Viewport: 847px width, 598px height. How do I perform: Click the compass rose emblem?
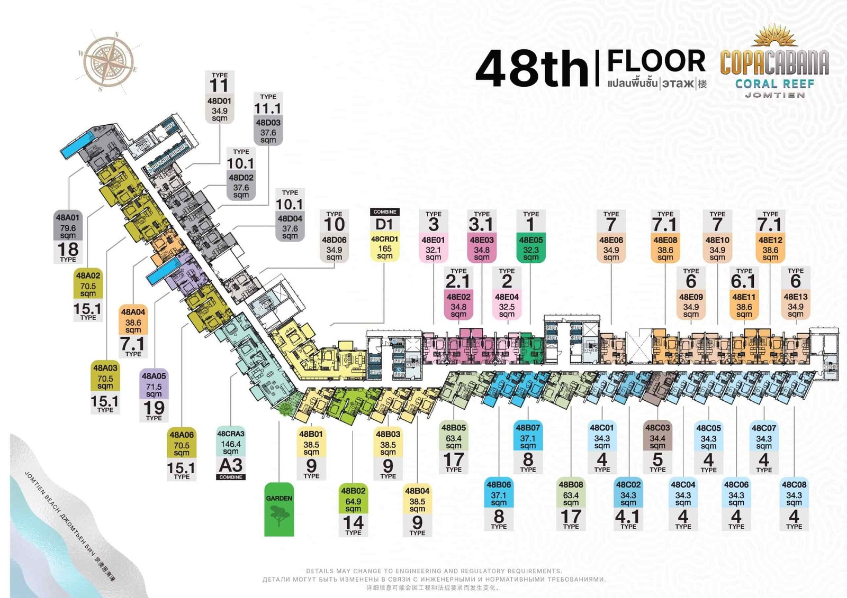click(109, 62)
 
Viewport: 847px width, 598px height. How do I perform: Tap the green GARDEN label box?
click(279, 509)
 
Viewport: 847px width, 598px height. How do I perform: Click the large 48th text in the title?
click(532, 69)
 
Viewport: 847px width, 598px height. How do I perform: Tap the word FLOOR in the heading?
click(656, 61)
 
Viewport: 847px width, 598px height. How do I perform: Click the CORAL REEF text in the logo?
click(774, 84)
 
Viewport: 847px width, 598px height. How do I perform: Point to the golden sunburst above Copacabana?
click(775, 36)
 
